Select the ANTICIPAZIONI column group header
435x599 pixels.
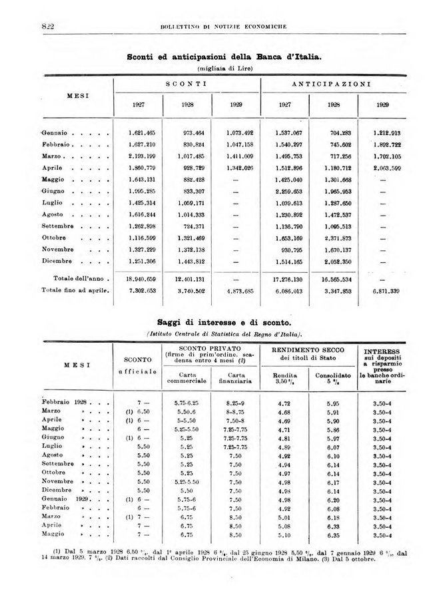(x=332, y=85)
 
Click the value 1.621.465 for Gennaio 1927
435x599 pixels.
(x=142, y=132)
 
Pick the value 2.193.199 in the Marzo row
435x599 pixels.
(x=142, y=156)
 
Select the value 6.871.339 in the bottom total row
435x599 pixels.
(x=384, y=291)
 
